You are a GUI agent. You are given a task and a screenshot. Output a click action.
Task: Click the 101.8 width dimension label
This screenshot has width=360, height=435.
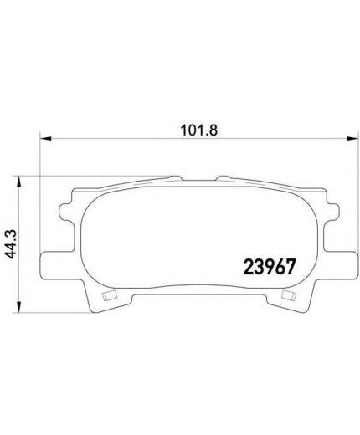[x=199, y=130]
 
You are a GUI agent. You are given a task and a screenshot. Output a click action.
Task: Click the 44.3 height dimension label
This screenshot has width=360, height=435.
[x=12, y=244]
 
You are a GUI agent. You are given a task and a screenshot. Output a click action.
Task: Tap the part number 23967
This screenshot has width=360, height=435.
[x=269, y=267]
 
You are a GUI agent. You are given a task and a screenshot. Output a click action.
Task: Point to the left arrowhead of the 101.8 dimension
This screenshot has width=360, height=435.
[x=46, y=138]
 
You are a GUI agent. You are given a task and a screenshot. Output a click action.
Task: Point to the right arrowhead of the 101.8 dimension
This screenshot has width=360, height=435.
[x=352, y=138]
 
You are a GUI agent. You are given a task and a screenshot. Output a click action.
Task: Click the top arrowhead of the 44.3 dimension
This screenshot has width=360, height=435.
[x=18, y=182]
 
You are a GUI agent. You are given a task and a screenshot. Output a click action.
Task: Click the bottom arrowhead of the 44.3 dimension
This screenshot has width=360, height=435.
[x=18, y=307]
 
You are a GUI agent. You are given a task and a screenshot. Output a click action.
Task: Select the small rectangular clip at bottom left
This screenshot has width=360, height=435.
[x=110, y=295]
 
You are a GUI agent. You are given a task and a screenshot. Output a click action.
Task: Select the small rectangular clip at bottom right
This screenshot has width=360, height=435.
[x=289, y=294]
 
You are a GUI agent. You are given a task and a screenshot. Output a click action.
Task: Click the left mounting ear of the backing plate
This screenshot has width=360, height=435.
[x=58, y=265]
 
